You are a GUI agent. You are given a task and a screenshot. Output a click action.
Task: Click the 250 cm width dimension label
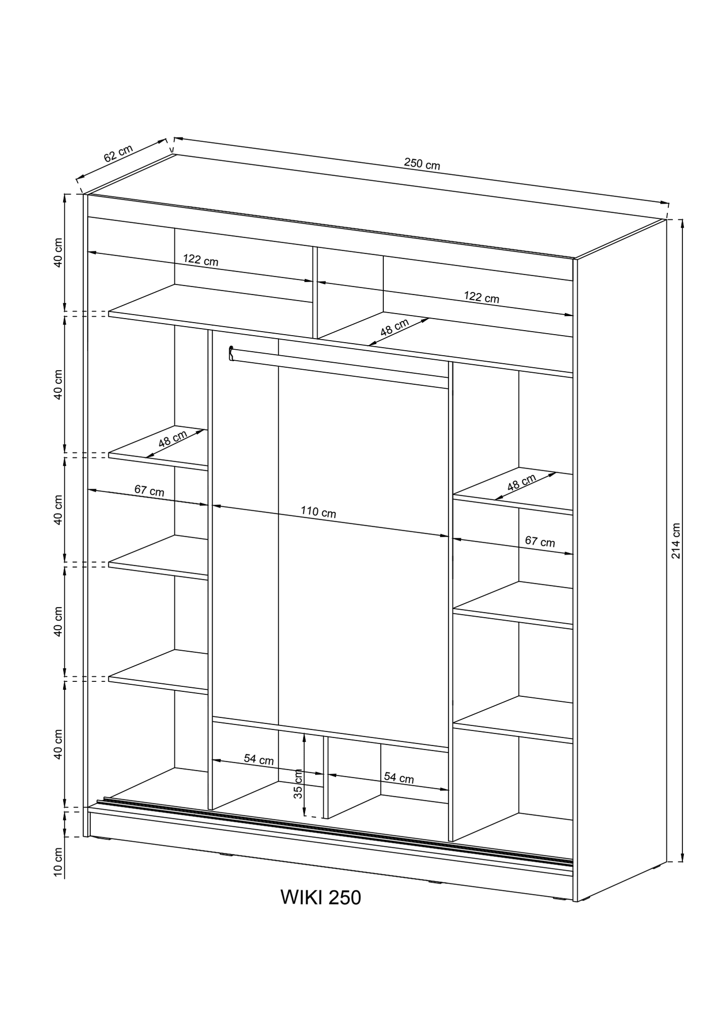[x=421, y=164]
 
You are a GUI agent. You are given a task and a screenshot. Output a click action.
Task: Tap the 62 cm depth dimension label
[x=118, y=154]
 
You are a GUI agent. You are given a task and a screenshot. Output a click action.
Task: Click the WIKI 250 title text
[x=321, y=898]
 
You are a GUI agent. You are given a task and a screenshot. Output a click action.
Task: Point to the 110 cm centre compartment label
[x=318, y=512]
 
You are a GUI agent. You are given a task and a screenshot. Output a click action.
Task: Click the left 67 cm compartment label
[x=149, y=490]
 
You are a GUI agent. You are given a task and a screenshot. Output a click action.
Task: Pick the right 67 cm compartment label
[x=540, y=541]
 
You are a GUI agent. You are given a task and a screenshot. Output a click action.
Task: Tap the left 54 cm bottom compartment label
[x=259, y=760]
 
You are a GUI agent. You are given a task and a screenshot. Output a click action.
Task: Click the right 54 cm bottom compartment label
[x=399, y=778]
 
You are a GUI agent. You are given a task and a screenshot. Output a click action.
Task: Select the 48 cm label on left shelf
[x=172, y=439]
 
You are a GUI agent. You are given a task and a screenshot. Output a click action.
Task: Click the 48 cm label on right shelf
[x=521, y=483]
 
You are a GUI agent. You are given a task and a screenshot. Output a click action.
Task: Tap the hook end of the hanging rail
[x=231, y=353]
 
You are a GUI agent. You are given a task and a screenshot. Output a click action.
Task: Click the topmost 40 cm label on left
[x=58, y=252]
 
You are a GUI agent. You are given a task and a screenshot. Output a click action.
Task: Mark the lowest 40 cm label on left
[x=58, y=744]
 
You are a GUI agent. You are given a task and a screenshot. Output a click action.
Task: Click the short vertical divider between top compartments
[x=315, y=292]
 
